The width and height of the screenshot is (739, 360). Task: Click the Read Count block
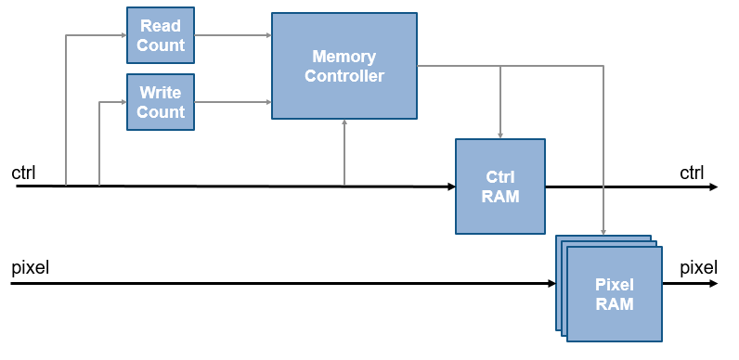160,36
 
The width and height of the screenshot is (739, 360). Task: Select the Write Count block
160,103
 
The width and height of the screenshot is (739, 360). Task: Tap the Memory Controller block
344,66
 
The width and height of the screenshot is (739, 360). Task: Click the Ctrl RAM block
499,186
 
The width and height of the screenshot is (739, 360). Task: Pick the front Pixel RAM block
615,293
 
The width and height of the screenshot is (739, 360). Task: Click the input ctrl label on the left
23,173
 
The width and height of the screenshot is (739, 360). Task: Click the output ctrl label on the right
692,173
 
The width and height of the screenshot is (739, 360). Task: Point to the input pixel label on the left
30,268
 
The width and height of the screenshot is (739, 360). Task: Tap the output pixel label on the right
698,268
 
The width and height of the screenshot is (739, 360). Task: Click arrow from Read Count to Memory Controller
232,36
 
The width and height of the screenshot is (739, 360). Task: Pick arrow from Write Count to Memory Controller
232,103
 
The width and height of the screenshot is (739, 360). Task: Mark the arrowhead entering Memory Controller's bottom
344,123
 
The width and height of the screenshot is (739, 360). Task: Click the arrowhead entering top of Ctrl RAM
500,135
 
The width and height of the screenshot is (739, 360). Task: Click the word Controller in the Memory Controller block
344,76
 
